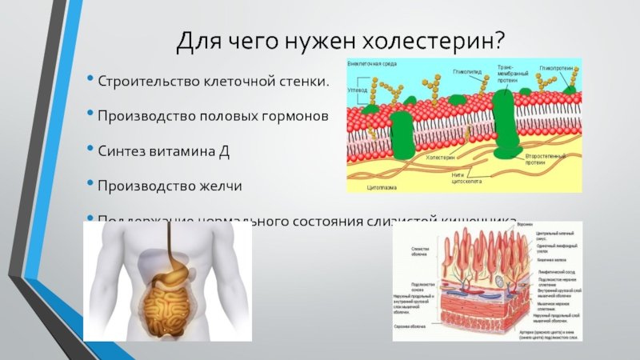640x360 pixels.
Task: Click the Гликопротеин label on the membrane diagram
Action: click(557, 69)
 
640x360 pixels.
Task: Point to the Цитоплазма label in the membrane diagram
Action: click(382, 186)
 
